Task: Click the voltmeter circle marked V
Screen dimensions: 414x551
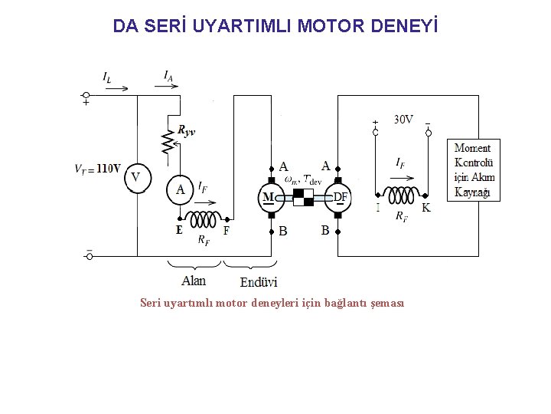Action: pos(135,178)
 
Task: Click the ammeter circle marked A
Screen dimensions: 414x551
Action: pos(181,189)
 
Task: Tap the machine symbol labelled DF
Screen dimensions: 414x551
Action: pos(337,198)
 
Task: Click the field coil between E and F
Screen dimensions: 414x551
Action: pos(202,220)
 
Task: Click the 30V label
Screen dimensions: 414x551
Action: pos(403,119)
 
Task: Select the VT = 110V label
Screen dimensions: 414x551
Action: pos(97,169)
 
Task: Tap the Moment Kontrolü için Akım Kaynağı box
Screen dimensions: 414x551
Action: pos(475,170)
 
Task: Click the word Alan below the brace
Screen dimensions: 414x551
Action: pos(194,281)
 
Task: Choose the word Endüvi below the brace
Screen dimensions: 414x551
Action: pos(259,282)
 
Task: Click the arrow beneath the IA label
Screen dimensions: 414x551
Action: pos(168,87)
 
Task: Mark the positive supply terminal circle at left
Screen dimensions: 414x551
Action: pos(86,96)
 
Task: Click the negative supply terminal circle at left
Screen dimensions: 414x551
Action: pos(89,256)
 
